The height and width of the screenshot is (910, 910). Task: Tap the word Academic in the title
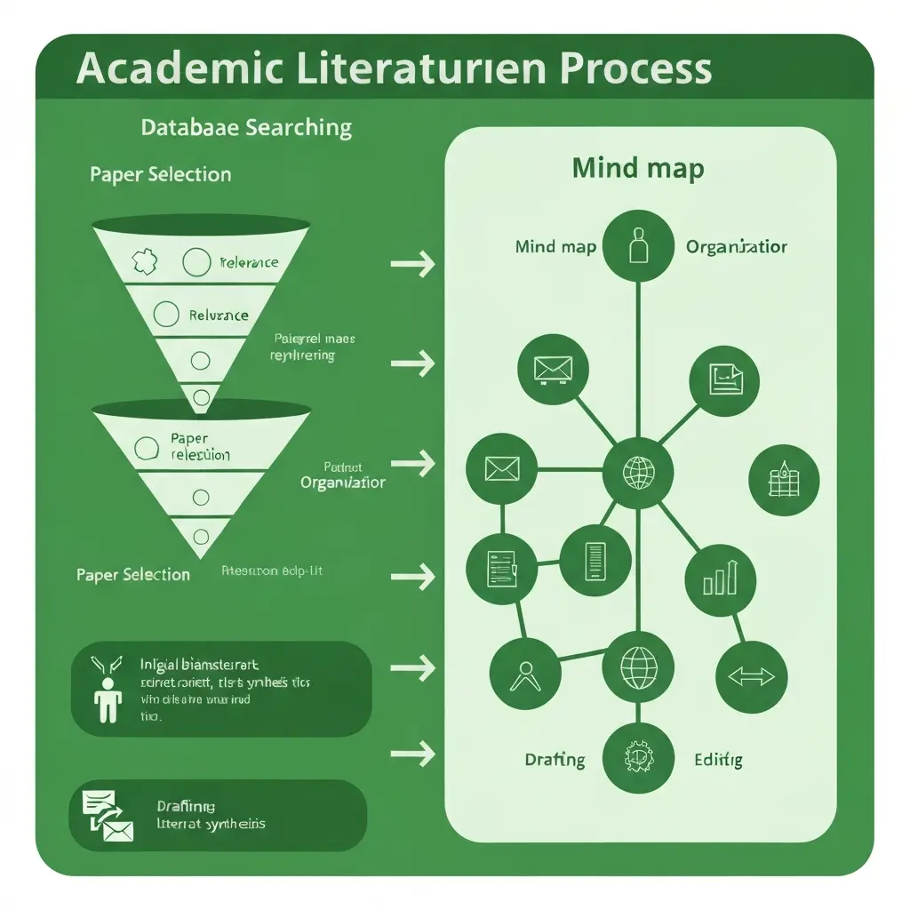pyautogui.click(x=168, y=69)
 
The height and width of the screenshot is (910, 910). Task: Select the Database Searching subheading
pyautogui.click(x=246, y=127)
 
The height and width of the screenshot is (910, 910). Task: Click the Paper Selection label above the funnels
pyautogui.click(x=160, y=174)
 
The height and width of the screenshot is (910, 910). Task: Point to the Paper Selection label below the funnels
pyautogui.click(x=133, y=575)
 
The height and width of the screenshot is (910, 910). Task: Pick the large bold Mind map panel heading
pyautogui.click(x=638, y=168)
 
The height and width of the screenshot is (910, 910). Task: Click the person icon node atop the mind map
pyautogui.click(x=637, y=246)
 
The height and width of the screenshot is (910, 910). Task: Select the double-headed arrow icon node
pyautogui.click(x=751, y=677)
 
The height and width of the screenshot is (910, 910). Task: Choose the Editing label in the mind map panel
pyautogui.click(x=717, y=760)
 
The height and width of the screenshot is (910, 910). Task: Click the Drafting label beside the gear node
pyautogui.click(x=555, y=760)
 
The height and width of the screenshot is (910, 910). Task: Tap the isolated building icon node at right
pyautogui.click(x=784, y=481)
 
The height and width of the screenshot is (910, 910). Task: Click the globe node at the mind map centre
pyautogui.click(x=637, y=472)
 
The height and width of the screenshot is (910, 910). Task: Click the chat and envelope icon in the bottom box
pyautogui.click(x=107, y=817)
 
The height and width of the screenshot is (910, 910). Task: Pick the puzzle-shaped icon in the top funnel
pyautogui.click(x=142, y=261)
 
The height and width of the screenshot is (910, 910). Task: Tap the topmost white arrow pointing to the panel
pyautogui.click(x=412, y=263)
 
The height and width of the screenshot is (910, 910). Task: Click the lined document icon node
pyautogui.click(x=595, y=559)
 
